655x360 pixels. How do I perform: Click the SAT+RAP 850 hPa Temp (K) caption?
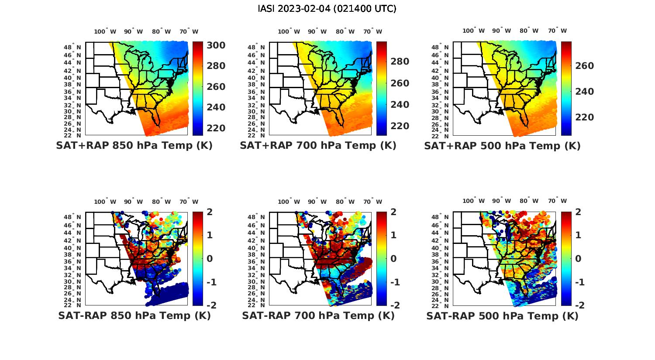(134, 146)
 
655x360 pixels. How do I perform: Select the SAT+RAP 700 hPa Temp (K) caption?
(318, 146)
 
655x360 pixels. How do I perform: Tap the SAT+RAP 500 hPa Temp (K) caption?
(502, 146)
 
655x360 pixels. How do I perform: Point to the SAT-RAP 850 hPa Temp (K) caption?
(134, 315)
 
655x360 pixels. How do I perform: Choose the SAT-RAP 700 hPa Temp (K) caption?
(318, 315)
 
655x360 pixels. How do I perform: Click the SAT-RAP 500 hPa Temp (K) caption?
(502, 315)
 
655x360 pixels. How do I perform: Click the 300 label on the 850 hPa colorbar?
(216, 45)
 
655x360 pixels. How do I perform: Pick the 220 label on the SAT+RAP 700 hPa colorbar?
(400, 126)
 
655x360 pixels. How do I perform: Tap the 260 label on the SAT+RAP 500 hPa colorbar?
(584, 66)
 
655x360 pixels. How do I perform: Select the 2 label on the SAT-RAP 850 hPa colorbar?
(209, 212)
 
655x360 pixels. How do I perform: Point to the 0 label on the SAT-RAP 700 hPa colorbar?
(393, 258)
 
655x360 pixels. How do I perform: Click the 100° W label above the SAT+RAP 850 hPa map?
(105, 31)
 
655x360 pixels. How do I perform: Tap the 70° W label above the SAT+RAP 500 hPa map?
(557, 31)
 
